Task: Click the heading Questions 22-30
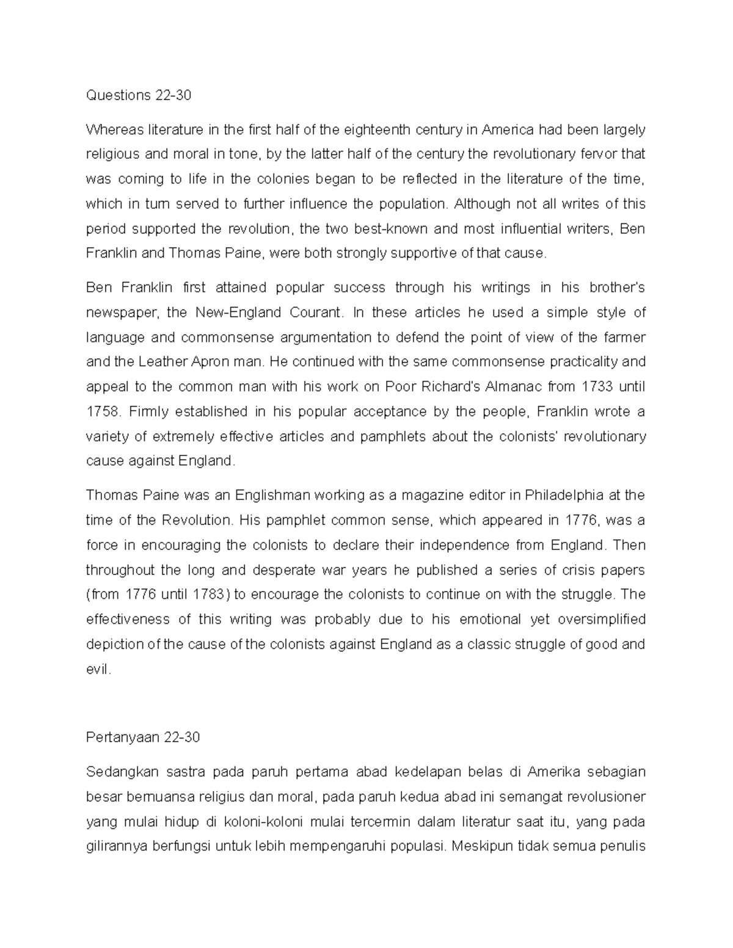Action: pos(139,95)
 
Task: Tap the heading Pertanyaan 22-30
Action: pos(143,737)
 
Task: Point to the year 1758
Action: pos(102,411)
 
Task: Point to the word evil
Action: pos(98,670)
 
